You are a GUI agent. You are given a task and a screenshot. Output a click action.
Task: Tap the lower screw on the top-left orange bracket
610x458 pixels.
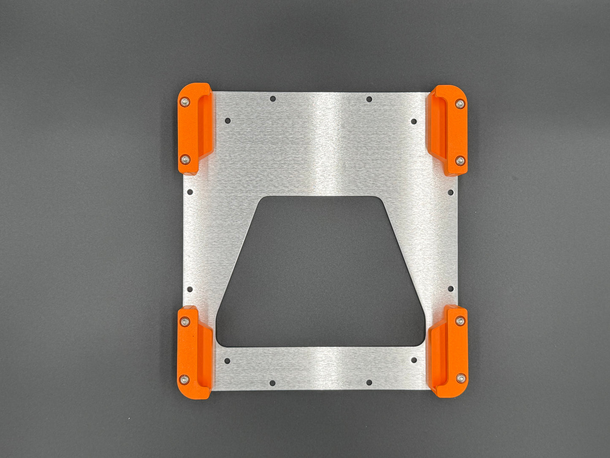pyautogui.click(x=185, y=159)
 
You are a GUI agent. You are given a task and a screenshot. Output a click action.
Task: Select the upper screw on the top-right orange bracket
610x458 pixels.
pyautogui.click(x=460, y=104)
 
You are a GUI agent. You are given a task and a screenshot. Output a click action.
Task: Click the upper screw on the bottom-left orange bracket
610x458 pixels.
pyautogui.click(x=184, y=322)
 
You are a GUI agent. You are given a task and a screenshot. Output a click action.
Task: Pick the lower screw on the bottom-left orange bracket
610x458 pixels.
pyautogui.click(x=184, y=379)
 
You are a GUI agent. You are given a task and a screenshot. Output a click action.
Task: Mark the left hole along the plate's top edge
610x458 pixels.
pyautogui.click(x=273, y=99)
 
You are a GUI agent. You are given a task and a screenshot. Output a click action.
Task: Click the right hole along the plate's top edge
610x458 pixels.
pyautogui.click(x=369, y=99)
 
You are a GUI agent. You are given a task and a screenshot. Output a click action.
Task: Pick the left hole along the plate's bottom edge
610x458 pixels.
pyautogui.click(x=273, y=382)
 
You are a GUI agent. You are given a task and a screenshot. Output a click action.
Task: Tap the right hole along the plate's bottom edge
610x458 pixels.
pyautogui.click(x=369, y=382)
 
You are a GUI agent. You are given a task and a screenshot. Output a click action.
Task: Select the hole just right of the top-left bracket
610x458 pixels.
pyautogui.click(x=228, y=120)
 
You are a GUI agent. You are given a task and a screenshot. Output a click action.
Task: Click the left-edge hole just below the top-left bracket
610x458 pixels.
pyautogui.click(x=190, y=192)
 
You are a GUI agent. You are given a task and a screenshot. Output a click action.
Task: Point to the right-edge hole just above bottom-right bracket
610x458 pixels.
pyautogui.click(x=450, y=289)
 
